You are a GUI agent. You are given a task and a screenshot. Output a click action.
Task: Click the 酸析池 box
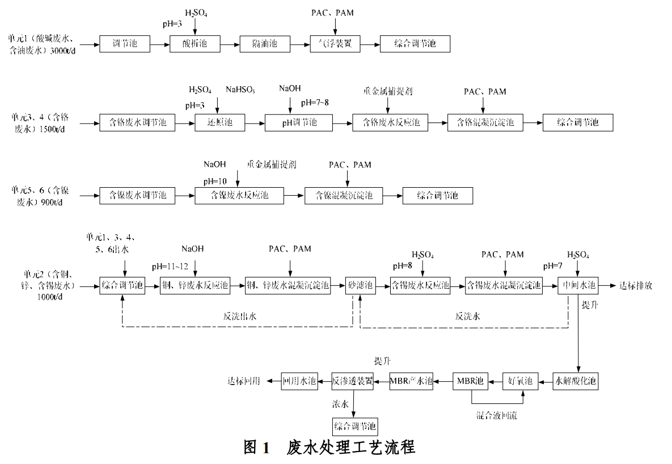[x=194, y=44]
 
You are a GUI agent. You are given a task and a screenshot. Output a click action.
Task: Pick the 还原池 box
[x=218, y=123]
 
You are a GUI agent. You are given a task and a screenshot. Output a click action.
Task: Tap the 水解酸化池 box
[x=576, y=381]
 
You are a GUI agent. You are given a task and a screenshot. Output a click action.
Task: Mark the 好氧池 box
[x=519, y=381]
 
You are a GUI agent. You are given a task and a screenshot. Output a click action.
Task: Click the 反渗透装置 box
[x=353, y=381]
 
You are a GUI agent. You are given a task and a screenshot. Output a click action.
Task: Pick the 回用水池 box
[x=300, y=381]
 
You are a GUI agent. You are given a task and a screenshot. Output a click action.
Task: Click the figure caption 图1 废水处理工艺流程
[x=329, y=447]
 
